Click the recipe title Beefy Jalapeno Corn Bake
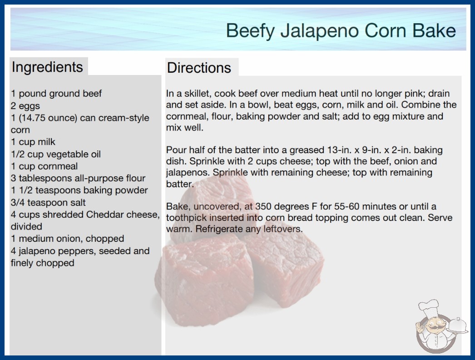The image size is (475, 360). [x=341, y=31]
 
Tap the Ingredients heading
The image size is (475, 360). [x=47, y=67]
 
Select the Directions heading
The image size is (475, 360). [x=199, y=68]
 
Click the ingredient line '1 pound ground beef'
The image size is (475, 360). [x=56, y=94]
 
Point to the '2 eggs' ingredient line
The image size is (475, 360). [x=25, y=106]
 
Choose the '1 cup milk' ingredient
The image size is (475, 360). [x=33, y=142]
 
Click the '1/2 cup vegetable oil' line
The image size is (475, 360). [x=56, y=154]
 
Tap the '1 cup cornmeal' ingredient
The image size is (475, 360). [x=44, y=166]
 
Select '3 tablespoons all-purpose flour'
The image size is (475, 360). [x=78, y=178]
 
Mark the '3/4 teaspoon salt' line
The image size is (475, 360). [x=48, y=202]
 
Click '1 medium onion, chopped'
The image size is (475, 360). [x=68, y=239]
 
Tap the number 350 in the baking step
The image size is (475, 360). [x=263, y=206]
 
